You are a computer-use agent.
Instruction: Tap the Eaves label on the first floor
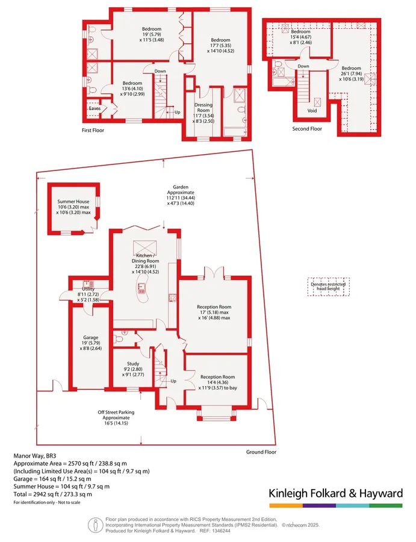click(95, 108)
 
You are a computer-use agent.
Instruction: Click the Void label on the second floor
click(312, 111)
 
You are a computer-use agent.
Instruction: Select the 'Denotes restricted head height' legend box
click(329, 287)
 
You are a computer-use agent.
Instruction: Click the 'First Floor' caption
click(93, 130)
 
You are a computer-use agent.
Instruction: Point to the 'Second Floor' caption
click(307, 129)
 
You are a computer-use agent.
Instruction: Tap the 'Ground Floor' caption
click(261, 452)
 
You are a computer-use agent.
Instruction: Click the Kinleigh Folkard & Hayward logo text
click(336, 493)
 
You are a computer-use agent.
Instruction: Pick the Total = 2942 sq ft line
click(53, 494)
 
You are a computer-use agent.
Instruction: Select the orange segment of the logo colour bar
click(286, 506)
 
